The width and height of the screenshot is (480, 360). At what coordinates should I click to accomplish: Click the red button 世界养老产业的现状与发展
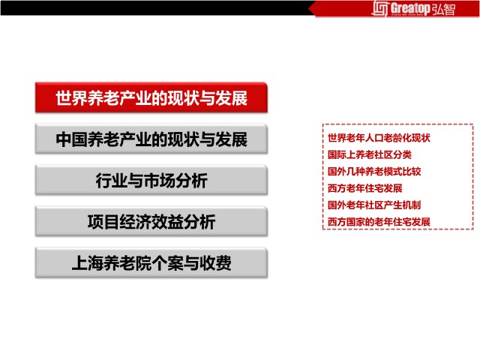(151, 97)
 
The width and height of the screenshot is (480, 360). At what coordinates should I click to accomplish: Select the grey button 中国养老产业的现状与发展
(151, 139)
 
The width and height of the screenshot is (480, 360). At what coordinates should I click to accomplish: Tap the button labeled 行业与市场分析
(151, 180)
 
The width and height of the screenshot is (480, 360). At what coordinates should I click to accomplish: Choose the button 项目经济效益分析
(151, 221)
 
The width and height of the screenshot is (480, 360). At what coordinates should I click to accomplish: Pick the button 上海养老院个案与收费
(151, 262)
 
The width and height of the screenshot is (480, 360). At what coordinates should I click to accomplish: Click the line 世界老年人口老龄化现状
(379, 138)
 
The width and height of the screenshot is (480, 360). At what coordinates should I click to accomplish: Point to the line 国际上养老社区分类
(370, 154)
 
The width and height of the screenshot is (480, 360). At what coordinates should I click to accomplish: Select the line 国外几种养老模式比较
(374, 172)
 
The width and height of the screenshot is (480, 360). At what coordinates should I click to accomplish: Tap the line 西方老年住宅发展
(365, 188)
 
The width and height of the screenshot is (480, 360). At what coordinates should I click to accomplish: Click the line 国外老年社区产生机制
(374, 205)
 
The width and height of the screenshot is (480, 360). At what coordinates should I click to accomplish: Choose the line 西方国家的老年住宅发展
(379, 222)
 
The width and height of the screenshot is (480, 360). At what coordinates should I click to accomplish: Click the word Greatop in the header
(410, 8)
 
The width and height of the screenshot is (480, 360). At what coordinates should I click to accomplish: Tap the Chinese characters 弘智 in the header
(443, 9)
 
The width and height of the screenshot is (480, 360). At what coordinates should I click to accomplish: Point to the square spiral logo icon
(380, 8)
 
